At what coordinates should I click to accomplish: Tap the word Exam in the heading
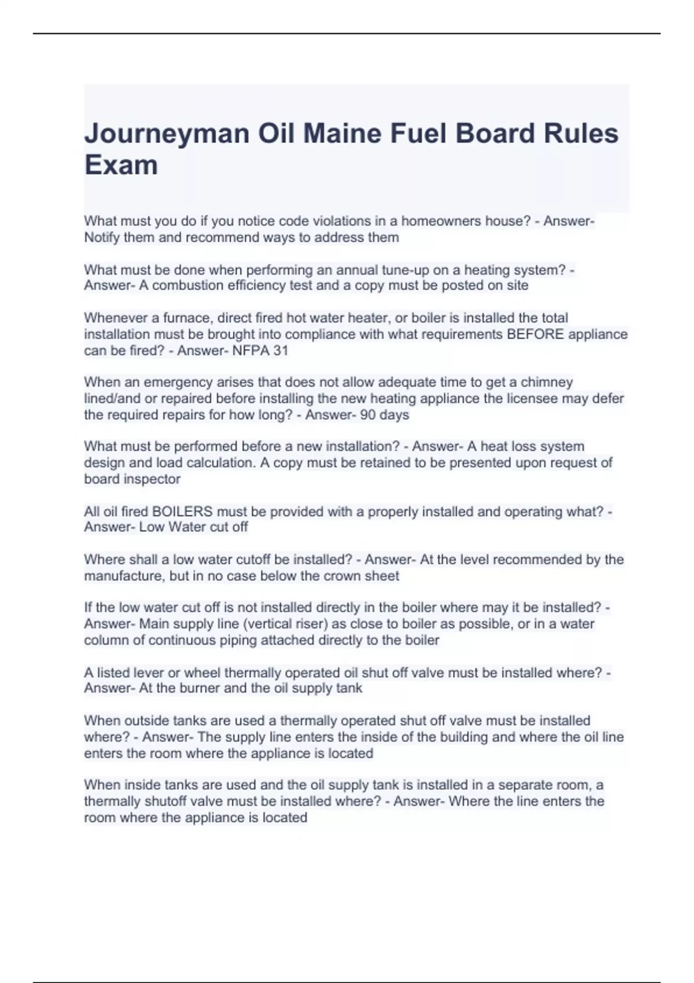tap(121, 165)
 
